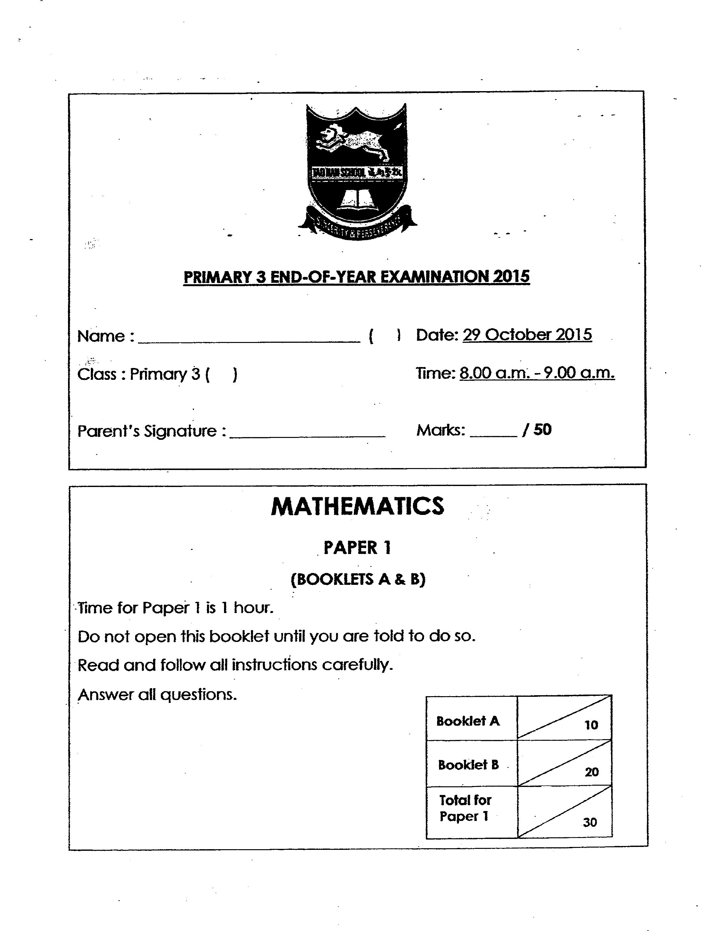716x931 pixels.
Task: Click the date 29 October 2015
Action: pyautogui.click(x=527, y=335)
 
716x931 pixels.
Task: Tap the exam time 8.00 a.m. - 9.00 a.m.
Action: pyautogui.click(x=537, y=373)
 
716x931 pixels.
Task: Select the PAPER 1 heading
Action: pyautogui.click(x=357, y=548)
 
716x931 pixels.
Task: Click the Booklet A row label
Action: pyautogui.click(x=468, y=721)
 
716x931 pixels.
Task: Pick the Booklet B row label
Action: pyautogui.click(x=468, y=764)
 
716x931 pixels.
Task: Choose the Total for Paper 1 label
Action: pyautogui.click(x=465, y=808)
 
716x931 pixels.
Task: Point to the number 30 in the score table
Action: pyautogui.click(x=590, y=822)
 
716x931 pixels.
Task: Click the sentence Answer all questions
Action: pyautogui.click(x=157, y=695)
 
